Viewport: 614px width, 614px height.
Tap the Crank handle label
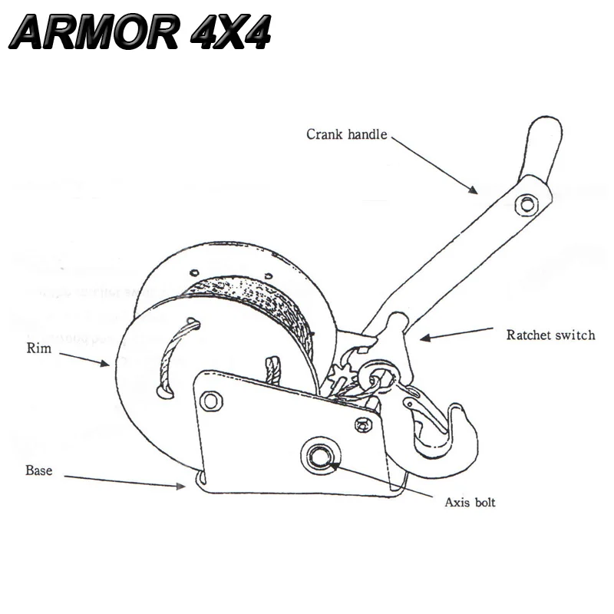(x=347, y=134)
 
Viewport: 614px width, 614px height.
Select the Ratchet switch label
(x=550, y=335)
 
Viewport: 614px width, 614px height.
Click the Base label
(x=38, y=470)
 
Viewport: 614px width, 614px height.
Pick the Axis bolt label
(x=470, y=503)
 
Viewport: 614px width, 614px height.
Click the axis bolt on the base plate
(x=319, y=456)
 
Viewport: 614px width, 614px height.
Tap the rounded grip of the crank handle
(x=542, y=150)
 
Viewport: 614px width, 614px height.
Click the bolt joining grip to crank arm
(x=526, y=203)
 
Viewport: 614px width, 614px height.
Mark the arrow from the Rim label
(x=84, y=359)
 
